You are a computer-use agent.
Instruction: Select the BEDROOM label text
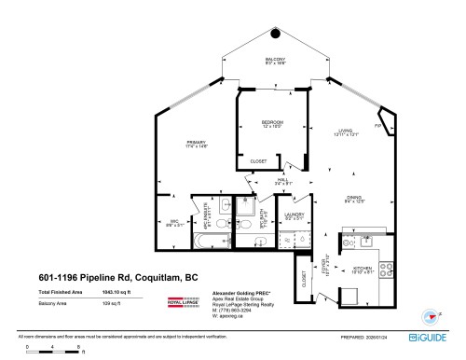click(x=272, y=122)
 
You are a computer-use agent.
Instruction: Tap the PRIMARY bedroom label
click(x=196, y=142)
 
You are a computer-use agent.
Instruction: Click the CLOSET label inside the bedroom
click(x=258, y=161)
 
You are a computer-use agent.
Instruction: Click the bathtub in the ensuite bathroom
click(x=204, y=241)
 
